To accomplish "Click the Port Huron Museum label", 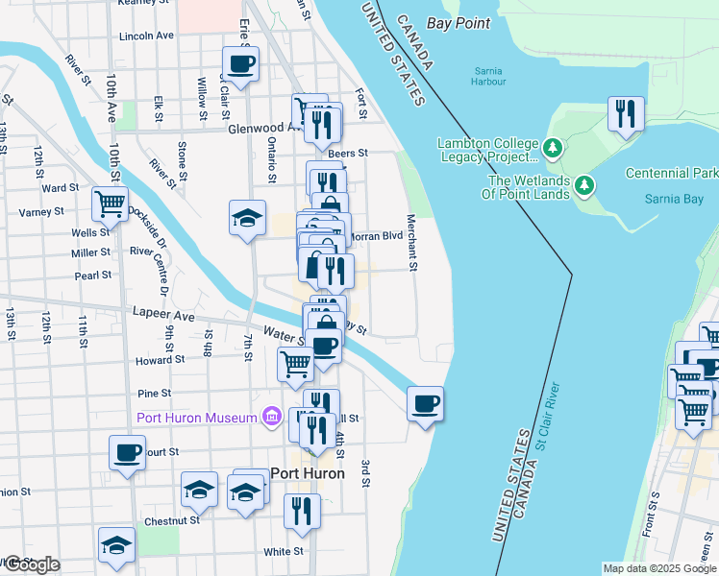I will [x=197, y=417].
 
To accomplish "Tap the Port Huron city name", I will [x=308, y=473].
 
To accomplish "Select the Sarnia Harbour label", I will [x=490, y=76].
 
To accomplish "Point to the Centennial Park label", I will [x=671, y=174].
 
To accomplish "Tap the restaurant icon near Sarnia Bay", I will [x=627, y=114].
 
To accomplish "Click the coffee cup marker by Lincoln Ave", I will [x=240, y=63].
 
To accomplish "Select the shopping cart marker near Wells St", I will [x=111, y=204].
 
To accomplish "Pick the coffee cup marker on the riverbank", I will [x=425, y=402].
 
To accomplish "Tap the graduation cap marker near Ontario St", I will [x=247, y=216].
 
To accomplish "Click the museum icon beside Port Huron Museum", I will [x=272, y=417].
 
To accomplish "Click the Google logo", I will [x=32, y=564].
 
